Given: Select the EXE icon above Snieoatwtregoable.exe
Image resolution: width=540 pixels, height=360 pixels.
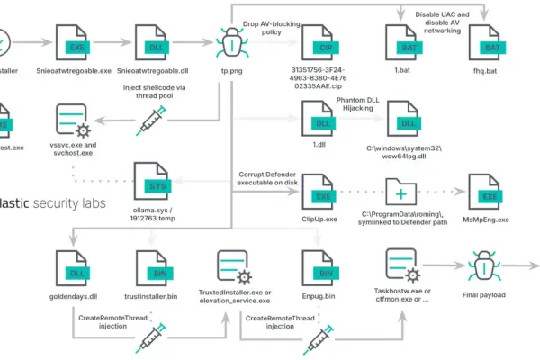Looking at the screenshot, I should pyautogui.click(x=75, y=41).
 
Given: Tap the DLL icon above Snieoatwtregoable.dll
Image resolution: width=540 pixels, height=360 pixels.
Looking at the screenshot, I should pyautogui.click(x=153, y=41).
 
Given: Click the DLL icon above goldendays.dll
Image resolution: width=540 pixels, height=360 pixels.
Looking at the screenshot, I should pyautogui.click(x=75, y=265).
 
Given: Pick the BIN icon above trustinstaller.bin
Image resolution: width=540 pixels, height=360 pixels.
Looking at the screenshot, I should pyautogui.click(x=153, y=265).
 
